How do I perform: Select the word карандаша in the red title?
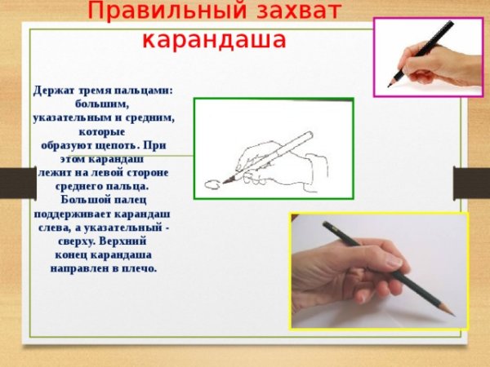214,39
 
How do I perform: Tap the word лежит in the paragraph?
55,172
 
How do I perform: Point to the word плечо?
138,268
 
